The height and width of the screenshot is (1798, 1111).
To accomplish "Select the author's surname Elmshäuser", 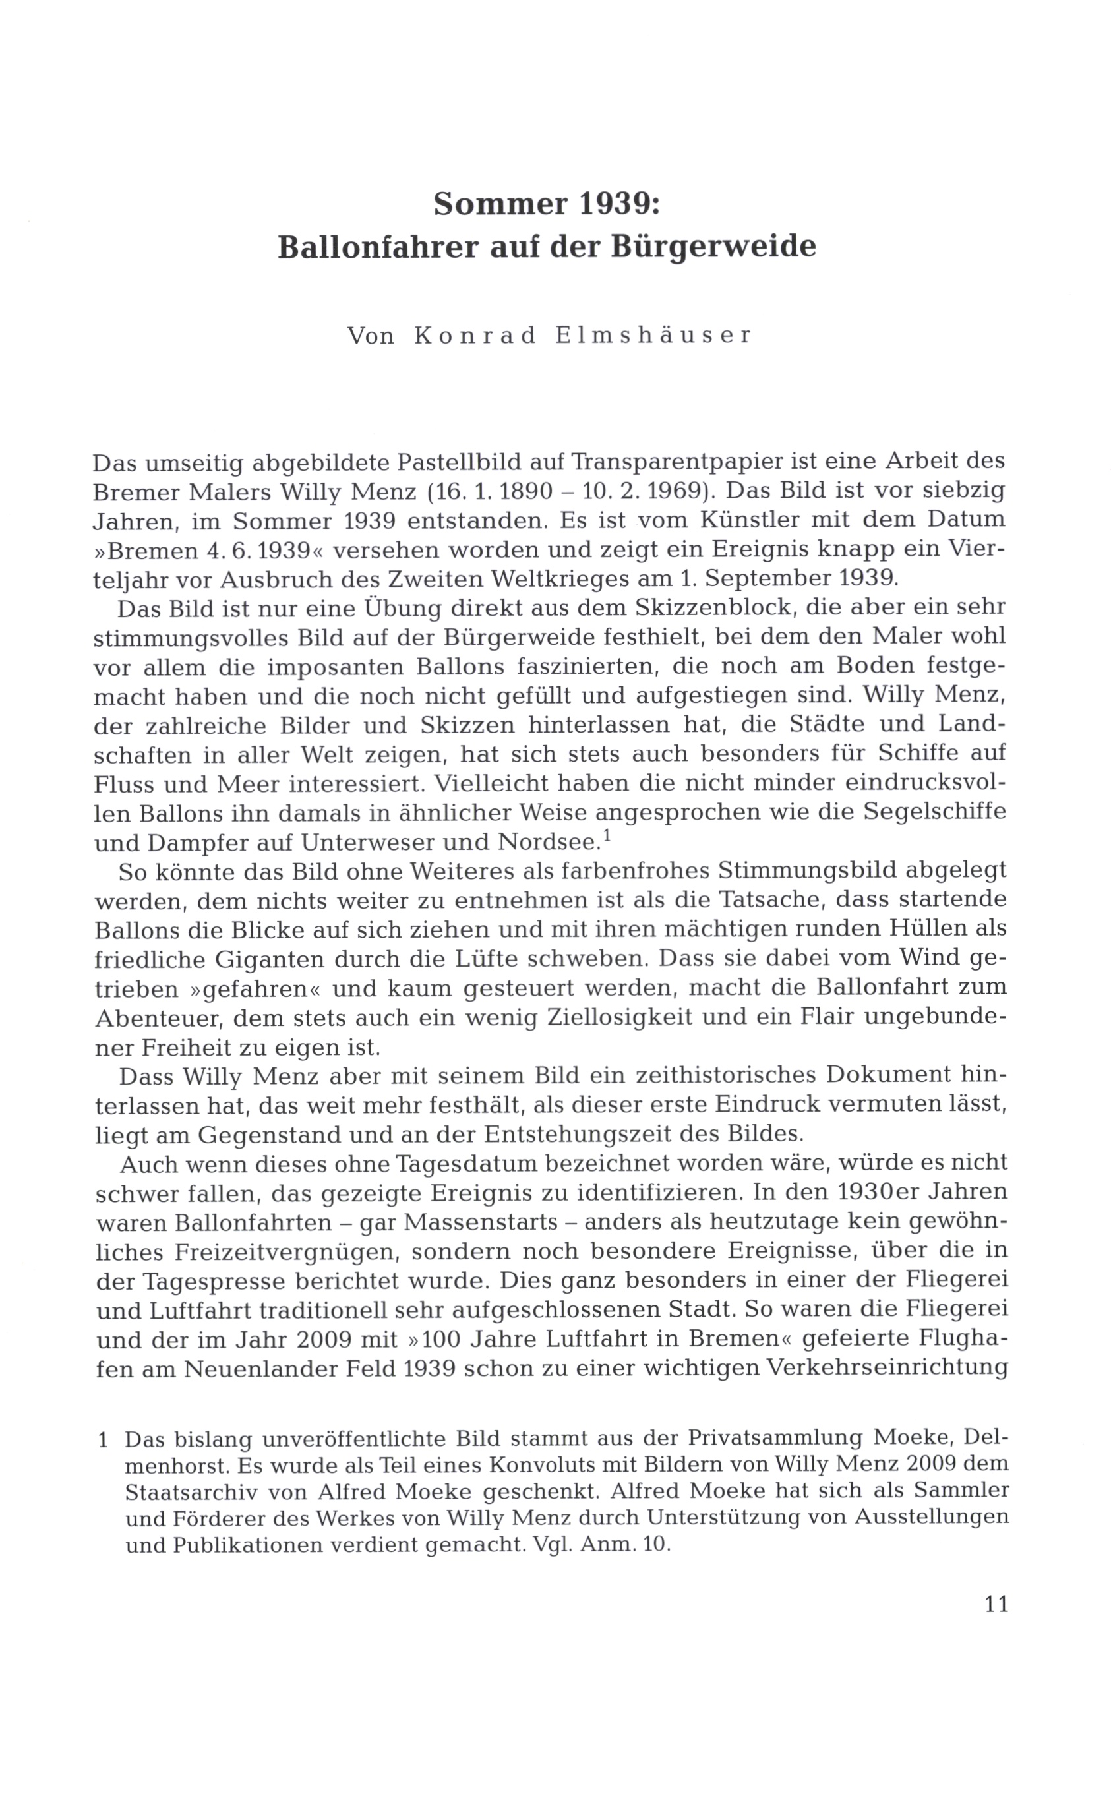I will [x=654, y=336].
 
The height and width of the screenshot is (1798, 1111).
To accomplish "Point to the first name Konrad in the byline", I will [x=475, y=336].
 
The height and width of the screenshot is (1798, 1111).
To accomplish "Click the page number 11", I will [x=996, y=1604].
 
